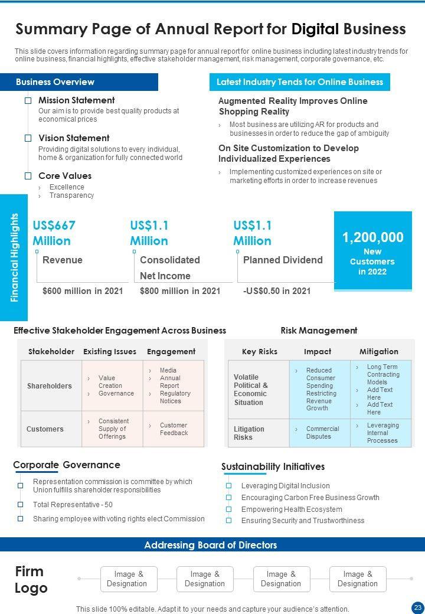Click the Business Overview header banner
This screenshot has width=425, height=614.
point(79,82)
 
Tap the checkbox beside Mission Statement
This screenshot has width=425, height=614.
point(28,100)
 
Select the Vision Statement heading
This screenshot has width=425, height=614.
point(74,138)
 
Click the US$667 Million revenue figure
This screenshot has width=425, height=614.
point(54,233)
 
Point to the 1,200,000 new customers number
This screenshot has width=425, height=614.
point(373,237)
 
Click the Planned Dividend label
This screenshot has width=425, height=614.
point(283,260)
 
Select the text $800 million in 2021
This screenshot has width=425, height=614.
point(180,290)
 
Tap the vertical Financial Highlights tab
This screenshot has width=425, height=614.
point(15,257)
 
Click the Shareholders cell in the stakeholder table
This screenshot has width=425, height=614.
point(50,386)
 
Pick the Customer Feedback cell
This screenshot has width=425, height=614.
point(174,429)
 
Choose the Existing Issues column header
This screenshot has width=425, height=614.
point(110,351)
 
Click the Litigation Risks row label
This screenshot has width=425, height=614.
point(249,433)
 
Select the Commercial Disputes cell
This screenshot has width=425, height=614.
point(322,433)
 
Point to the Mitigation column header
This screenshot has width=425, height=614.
point(379,351)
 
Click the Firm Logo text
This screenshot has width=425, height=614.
point(31,580)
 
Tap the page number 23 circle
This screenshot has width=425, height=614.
point(417,608)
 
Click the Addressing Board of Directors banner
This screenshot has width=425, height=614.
point(211,545)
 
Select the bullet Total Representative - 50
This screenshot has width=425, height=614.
point(73,505)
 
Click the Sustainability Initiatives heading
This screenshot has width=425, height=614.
point(273,466)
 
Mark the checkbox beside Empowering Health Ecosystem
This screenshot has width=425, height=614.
point(228,509)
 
